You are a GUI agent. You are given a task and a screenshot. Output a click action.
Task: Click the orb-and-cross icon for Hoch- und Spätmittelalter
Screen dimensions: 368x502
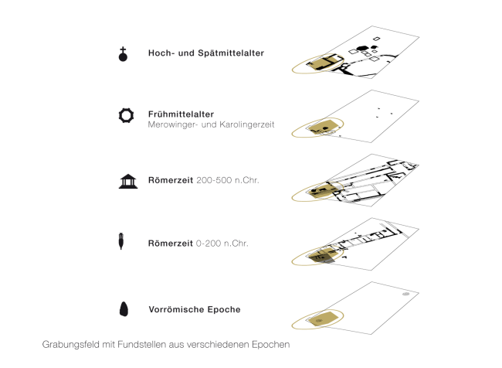click(x=122, y=54)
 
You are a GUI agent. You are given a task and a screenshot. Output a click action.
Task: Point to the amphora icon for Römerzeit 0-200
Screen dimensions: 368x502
click(x=122, y=241)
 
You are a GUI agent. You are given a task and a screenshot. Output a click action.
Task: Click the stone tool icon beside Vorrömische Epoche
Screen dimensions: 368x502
click(x=123, y=309)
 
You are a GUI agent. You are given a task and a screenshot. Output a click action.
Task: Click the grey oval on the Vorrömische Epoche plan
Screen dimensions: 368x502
click(x=406, y=295)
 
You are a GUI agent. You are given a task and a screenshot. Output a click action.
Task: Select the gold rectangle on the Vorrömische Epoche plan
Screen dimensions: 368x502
click(x=324, y=319)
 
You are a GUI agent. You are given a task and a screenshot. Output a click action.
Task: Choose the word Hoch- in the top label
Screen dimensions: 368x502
click(x=161, y=54)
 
